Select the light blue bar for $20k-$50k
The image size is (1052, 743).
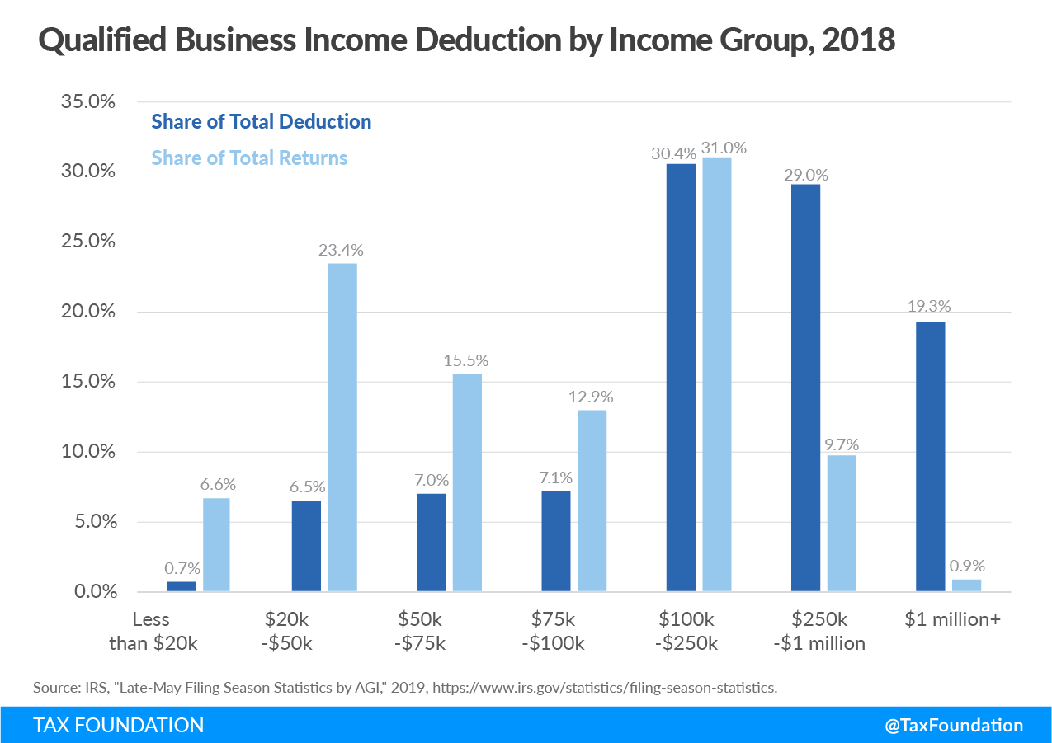pos(342,427)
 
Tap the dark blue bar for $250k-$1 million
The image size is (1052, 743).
pos(805,388)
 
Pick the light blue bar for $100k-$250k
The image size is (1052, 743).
pos(716,374)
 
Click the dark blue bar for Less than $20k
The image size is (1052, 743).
pos(182,586)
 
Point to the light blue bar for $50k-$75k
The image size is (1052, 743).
pos(467,482)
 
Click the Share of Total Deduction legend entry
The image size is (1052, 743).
pos(261,122)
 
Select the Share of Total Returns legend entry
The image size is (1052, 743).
pos(249,158)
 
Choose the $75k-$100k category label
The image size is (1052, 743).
pos(553,631)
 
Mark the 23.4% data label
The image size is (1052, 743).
pos(341,250)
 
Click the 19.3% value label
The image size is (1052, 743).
pos(928,307)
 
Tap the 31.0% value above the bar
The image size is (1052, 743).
pos(724,148)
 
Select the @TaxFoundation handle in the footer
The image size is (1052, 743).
pos(954,726)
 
